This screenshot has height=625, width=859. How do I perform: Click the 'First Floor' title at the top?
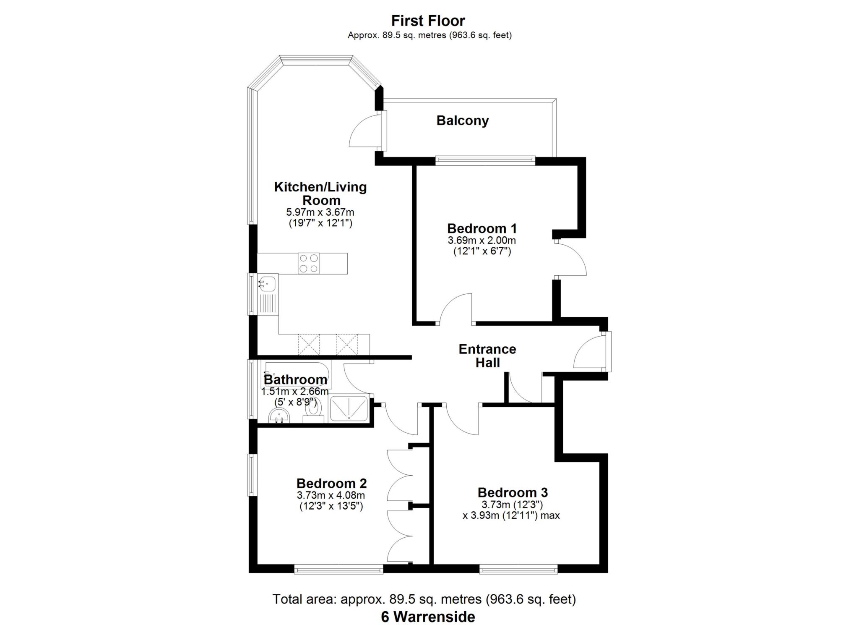pos(428,21)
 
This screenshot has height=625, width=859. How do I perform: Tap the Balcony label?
pos(462,120)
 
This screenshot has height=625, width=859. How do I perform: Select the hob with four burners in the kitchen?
pos(308,264)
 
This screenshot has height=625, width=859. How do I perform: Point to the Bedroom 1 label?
pos(482,228)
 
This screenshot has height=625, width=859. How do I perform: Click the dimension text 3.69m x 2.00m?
pos(482,241)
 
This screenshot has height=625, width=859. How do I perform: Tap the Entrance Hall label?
pos(487,356)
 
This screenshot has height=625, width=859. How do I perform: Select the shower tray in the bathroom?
pos(349,408)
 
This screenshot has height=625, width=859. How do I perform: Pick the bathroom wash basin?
pos(279,417)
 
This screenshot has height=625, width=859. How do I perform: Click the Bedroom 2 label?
pos(331,484)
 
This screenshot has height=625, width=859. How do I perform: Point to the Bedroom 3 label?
pos(513,492)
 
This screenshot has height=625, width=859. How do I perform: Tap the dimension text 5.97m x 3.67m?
pos(320,212)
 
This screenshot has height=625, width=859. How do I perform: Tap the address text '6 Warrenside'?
pos(428,617)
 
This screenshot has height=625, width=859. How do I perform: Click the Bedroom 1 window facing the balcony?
pos(485,160)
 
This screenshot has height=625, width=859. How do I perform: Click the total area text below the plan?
pos(424,599)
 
